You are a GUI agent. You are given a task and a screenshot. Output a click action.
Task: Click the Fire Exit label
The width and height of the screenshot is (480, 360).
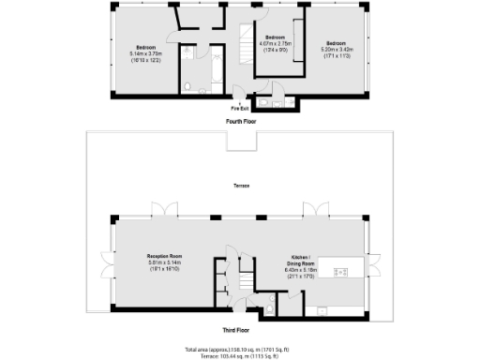tap(240, 108)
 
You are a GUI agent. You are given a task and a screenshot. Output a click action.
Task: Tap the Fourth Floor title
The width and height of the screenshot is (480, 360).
tap(240, 122)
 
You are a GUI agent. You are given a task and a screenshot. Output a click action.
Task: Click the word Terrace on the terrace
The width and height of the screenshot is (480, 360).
tap(241, 187)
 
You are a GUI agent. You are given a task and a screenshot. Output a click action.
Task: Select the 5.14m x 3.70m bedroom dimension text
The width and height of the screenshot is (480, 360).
tap(145, 53)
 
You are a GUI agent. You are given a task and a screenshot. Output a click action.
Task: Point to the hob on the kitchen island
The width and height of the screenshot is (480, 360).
tap(341, 272)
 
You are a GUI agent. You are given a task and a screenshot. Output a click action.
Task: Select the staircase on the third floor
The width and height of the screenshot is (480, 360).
tap(247, 278)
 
